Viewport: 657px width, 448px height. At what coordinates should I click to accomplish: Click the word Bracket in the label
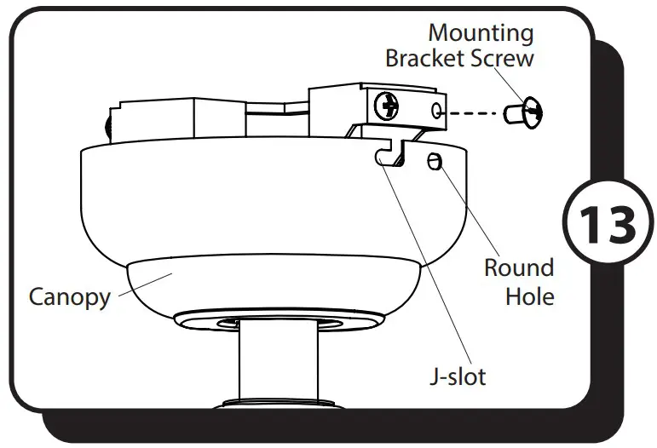427,60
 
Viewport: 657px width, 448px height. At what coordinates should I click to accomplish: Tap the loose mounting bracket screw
525,111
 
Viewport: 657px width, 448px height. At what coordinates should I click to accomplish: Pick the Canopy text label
69,296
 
